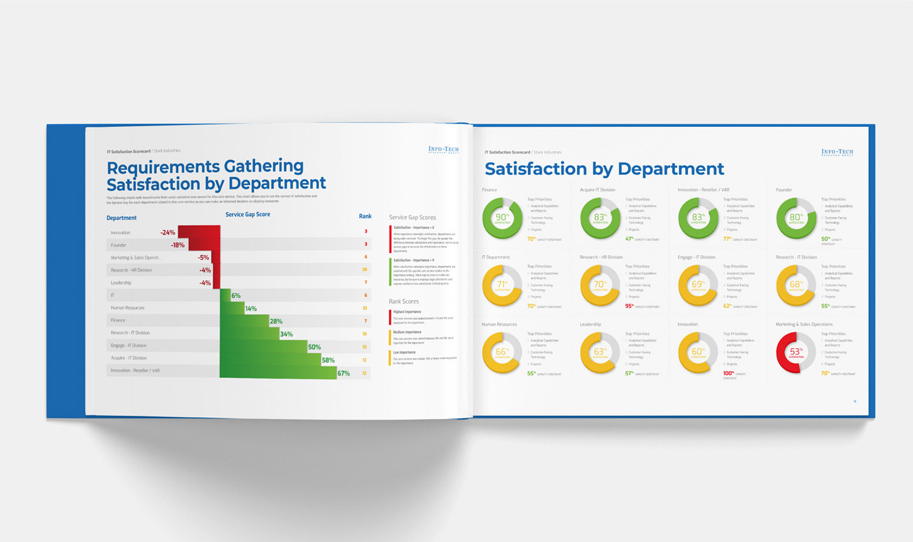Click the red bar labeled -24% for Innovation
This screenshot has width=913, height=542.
pos(198,231)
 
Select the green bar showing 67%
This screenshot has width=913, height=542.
pos(278,372)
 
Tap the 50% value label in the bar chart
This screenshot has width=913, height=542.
pos(314,348)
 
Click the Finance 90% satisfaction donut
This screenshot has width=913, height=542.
pos(502,218)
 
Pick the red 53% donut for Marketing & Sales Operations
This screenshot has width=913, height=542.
pos(796,353)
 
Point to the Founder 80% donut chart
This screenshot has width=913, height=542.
pos(796,218)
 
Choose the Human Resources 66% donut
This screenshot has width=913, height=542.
pos(502,353)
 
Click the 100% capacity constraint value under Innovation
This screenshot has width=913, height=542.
pos(728,373)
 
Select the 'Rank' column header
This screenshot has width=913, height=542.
pos(365,216)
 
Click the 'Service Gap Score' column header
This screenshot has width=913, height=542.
pos(247,214)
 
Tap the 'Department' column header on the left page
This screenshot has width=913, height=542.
pos(121,218)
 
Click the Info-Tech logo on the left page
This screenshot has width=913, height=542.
pos(443,150)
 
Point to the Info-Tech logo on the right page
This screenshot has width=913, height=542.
pos(836,152)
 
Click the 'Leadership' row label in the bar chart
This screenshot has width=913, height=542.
pos(121,282)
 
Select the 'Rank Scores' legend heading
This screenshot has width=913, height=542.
pos(404,301)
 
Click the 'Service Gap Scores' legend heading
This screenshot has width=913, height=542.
pos(412,217)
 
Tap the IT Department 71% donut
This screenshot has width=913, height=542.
pos(502,286)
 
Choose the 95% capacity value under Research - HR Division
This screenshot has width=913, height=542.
pos(629,306)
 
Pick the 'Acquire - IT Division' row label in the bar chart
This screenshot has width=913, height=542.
pos(129,358)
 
